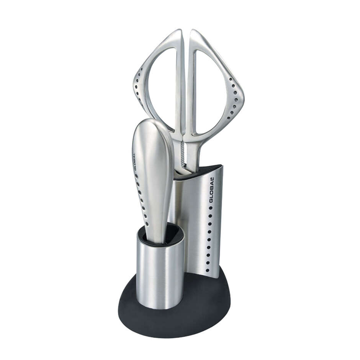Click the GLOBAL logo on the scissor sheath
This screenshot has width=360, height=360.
point(211,190)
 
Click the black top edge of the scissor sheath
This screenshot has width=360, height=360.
point(199,171)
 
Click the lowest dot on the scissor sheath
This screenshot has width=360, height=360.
point(207,270)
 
